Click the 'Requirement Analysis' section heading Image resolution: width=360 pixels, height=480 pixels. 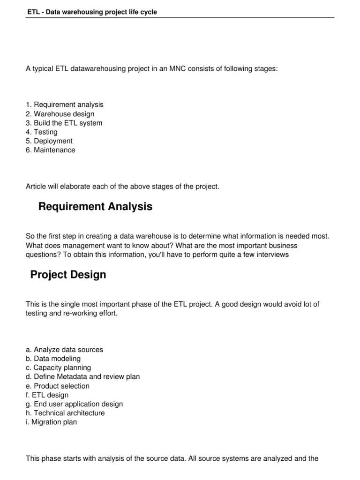[x=95, y=207]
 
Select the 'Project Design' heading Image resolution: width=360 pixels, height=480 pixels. [x=68, y=275]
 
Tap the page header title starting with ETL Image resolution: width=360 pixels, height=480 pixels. [x=91, y=12]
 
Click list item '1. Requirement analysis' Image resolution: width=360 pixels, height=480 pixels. [x=65, y=105]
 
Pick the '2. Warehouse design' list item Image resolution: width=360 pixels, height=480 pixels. [x=60, y=114]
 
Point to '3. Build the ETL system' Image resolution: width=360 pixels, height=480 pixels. [x=64, y=123]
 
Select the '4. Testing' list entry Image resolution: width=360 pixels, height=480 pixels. [x=42, y=132]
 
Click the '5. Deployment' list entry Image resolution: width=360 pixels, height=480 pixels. [x=49, y=141]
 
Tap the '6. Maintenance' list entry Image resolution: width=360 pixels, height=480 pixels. [x=50, y=150]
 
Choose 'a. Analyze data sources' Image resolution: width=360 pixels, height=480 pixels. [x=64, y=350]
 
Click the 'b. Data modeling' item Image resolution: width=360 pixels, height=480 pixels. [x=53, y=359]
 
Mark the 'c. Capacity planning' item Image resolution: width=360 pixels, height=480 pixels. [x=59, y=368]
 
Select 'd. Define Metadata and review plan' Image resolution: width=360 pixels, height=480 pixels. [x=82, y=377]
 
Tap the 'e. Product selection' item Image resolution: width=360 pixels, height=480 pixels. [x=58, y=386]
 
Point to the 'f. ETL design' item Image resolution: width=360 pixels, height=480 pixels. [x=47, y=395]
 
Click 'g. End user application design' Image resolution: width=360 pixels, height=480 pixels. [x=74, y=404]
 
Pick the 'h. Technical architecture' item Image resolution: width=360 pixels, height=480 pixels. [x=65, y=413]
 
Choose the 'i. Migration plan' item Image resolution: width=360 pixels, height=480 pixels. [x=52, y=422]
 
